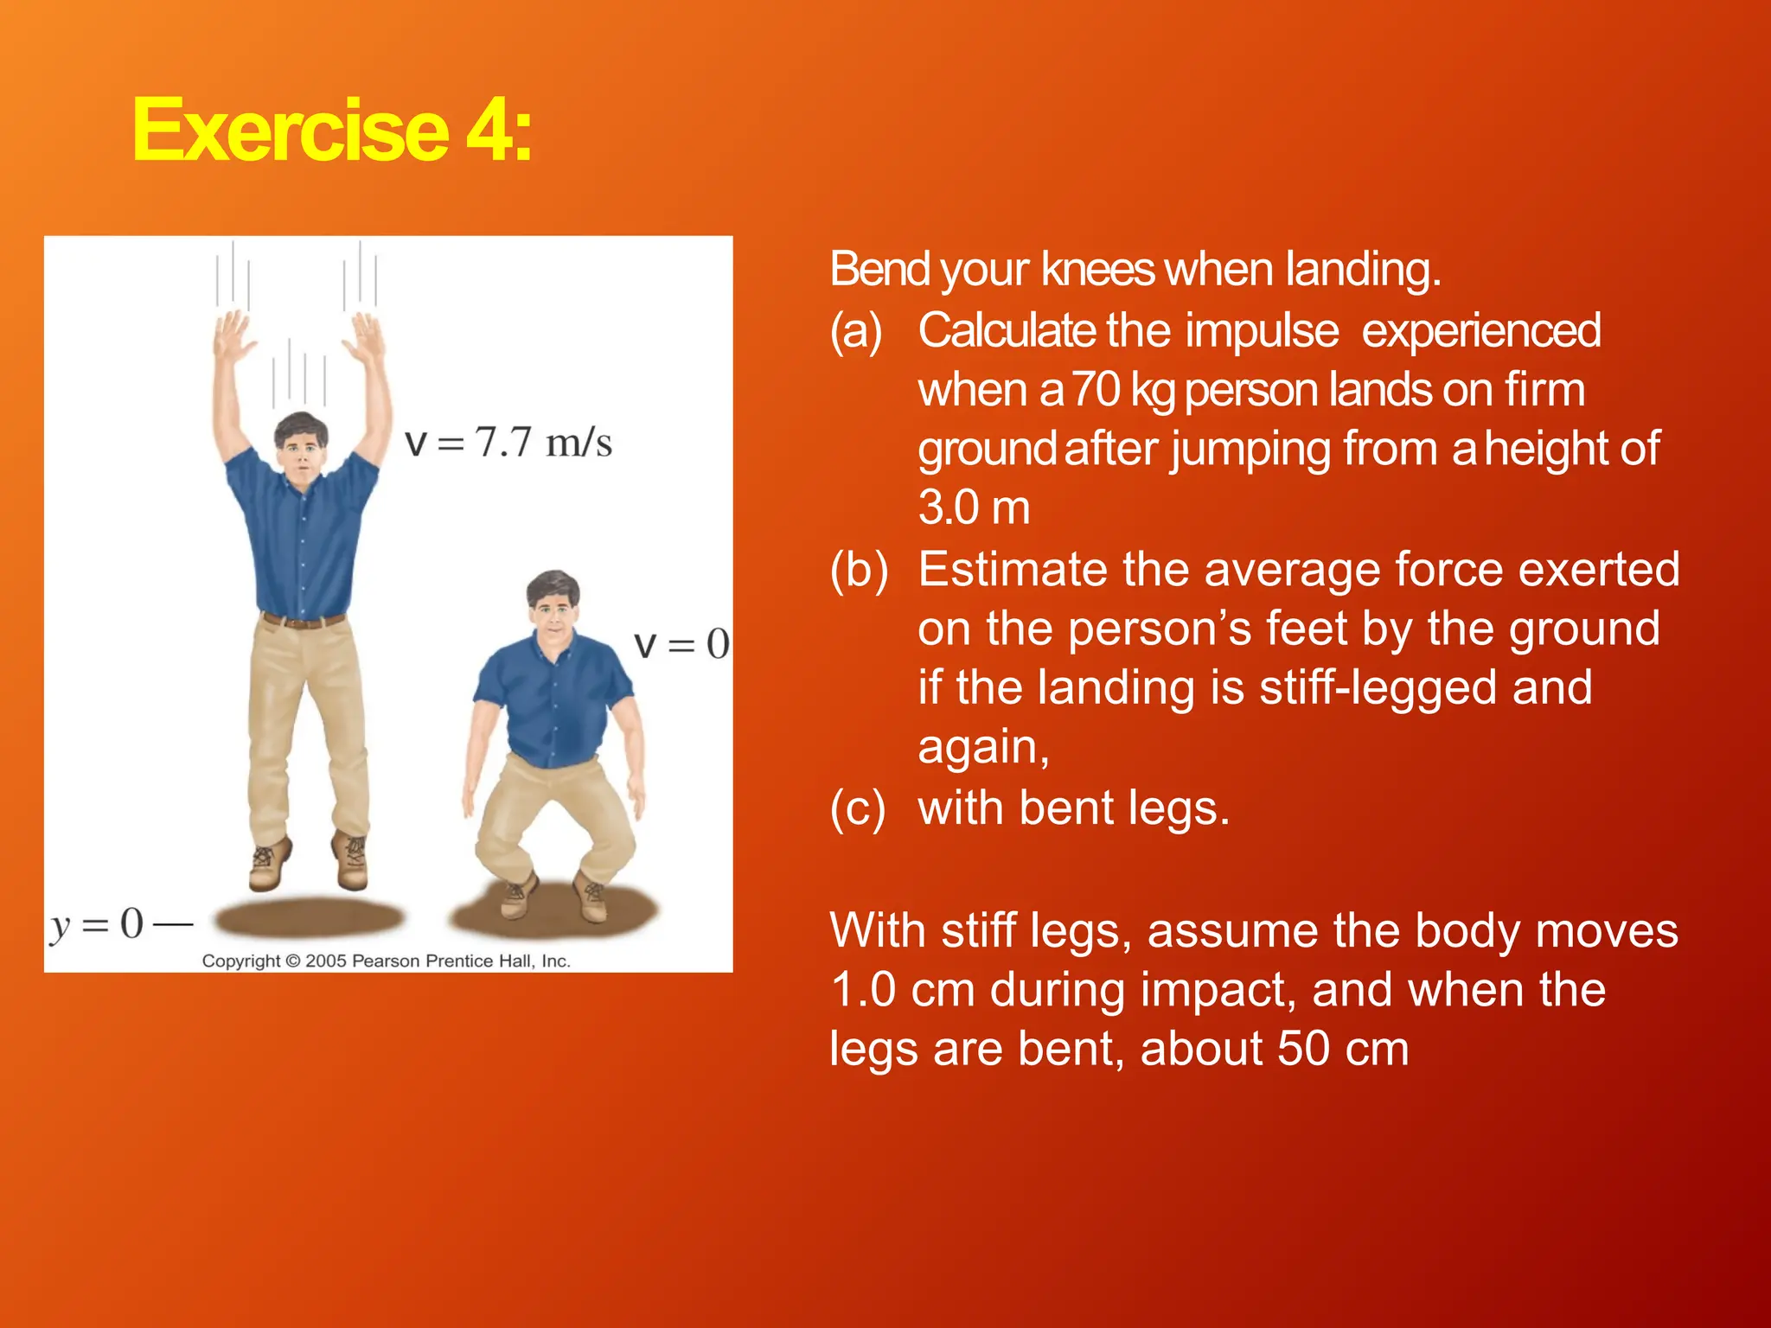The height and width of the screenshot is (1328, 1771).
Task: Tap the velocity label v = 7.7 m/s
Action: [508, 443]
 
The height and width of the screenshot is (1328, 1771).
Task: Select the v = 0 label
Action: [681, 644]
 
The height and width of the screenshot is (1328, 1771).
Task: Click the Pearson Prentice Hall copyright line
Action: [387, 961]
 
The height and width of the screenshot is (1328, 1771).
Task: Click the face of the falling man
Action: [301, 450]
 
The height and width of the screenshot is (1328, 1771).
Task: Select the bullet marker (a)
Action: [856, 331]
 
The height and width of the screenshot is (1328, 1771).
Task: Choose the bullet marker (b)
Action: [858, 571]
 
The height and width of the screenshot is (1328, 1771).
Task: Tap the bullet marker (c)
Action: [857, 809]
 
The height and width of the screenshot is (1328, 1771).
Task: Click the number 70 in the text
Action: [1096, 390]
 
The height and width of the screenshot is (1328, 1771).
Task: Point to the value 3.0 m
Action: [974, 508]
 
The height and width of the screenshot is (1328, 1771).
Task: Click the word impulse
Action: [1262, 331]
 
